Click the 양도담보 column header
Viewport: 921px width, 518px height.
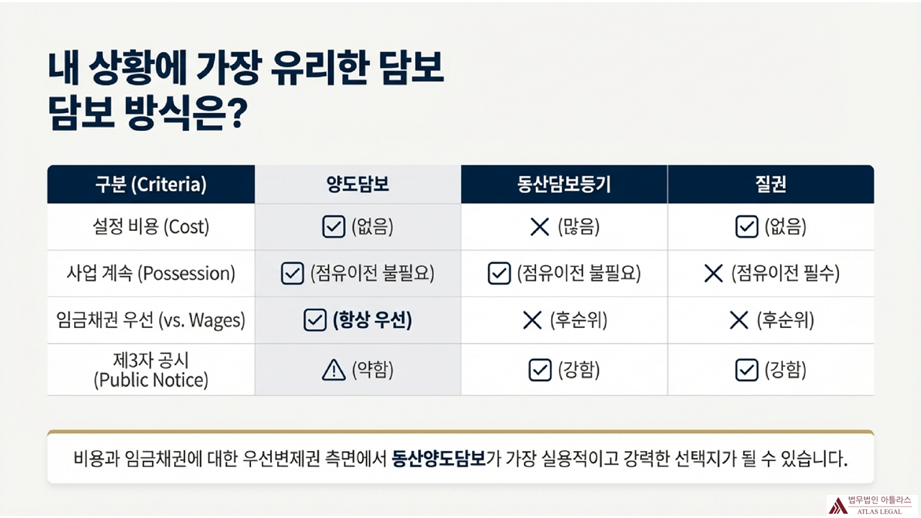coord(358,185)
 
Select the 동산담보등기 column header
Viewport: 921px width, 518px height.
coord(564,185)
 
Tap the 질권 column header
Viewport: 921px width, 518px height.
coord(771,185)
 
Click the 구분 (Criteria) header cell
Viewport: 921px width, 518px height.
coord(150,185)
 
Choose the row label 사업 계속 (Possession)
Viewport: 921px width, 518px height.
coord(150,273)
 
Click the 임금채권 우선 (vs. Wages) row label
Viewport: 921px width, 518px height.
coord(150,321)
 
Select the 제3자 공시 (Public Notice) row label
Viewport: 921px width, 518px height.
coord(150,369)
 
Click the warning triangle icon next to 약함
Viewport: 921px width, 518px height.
coord(334,370)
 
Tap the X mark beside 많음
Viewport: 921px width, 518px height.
coord(540,227)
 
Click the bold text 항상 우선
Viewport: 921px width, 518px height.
coord(372,321)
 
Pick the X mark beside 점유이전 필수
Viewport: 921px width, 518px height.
coord(713,273)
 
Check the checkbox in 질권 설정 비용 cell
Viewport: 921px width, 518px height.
coord(746,227)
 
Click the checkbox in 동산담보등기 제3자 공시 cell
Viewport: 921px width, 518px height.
coord(540,370)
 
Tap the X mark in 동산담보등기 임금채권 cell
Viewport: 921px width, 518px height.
coord(532,321)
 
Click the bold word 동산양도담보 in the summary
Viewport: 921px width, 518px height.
coord(438,458)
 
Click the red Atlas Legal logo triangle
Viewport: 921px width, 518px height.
coord(838,505)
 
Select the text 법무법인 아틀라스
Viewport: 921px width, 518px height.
coord(879,500)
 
